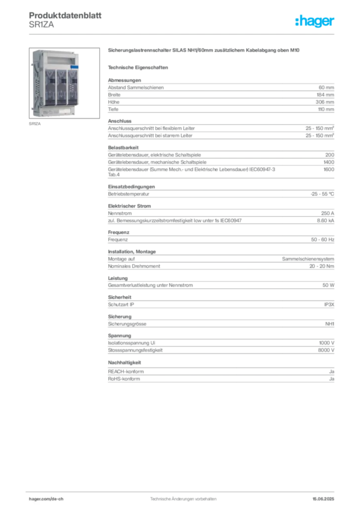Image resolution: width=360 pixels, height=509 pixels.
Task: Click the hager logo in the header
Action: coord(314,21)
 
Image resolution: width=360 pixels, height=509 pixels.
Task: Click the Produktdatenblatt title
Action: coord(65,15)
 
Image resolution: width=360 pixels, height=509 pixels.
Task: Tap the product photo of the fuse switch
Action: coord(64,83)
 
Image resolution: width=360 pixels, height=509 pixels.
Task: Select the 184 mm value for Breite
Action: coord(325,95)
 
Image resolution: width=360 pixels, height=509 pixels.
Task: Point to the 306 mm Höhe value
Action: coord(325,102)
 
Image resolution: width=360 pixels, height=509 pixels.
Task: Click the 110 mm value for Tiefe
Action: coord(326,109)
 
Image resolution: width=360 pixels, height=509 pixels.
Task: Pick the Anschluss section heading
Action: coord(120,121)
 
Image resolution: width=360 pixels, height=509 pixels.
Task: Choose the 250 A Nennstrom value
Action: coord(328,213)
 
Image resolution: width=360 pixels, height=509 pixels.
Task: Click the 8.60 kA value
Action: coord(326,220)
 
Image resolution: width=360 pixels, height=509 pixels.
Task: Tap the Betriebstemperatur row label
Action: coord(129,194)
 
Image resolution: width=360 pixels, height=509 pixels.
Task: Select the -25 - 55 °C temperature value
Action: coord(322,194)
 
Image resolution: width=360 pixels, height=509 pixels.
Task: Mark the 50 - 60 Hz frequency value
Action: coord(322,240)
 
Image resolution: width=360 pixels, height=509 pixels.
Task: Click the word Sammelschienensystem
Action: coord(308,259)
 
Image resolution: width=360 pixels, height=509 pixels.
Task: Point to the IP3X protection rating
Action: coord(329,305)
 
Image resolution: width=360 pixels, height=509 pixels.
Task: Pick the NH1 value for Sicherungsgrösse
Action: coord(330,324)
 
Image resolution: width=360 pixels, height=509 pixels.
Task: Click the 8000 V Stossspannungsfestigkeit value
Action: coord(326,350)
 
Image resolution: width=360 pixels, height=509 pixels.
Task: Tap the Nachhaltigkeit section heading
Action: coord(124,362)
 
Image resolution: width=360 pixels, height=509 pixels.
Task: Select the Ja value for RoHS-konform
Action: coord(332,379)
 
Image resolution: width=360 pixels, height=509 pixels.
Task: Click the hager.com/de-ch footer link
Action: coord(46,499)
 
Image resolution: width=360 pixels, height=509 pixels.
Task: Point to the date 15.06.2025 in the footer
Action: coord(323,499)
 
